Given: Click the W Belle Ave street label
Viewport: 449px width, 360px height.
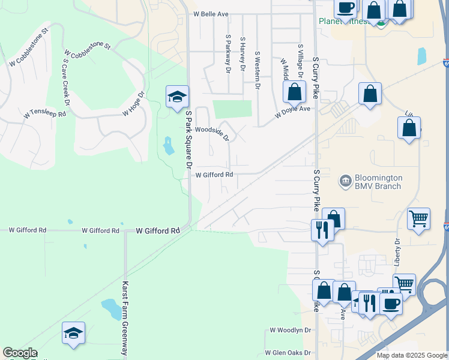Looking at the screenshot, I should tap(212, 14).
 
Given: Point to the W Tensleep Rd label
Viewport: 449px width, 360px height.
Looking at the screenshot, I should tap(45, 112).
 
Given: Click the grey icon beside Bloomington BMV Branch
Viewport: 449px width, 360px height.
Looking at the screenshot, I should tap(345, 181).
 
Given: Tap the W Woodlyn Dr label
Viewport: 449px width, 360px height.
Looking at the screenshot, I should tap(291, 330).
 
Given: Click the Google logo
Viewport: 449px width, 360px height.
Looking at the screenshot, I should tap(20, 353).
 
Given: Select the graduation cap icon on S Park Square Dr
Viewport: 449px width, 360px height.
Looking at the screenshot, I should tap(177, 97).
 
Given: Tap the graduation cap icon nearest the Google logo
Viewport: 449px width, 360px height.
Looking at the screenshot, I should tap(73, 334).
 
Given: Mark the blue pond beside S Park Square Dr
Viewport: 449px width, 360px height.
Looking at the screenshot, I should tap(167, 145).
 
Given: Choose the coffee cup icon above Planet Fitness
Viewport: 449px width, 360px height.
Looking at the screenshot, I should tap(345, 8).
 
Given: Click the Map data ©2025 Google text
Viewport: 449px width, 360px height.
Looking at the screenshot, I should tap(411, 355).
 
